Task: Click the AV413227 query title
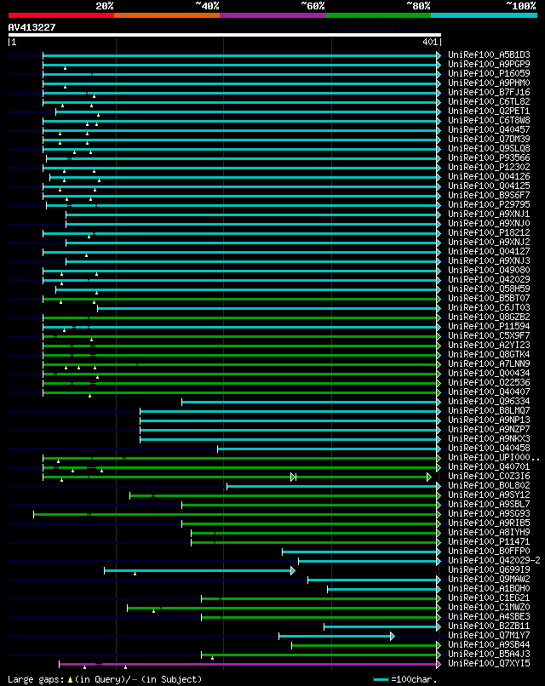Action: [x=32, y=27]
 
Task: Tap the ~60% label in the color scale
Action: [x=313, y=5]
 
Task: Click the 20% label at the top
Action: [x=105, y=5]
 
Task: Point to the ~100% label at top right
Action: [x=520, y=5]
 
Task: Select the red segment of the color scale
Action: [x=60, y=15]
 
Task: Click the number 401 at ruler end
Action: [x=429, y=42]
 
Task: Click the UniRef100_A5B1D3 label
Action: [x=489, y=55]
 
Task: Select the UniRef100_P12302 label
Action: [x=489, y=168]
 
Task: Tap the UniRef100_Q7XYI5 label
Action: [x=489, y=663]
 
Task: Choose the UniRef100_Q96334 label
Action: [x=489, y=401]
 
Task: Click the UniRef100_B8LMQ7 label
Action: [x=489, y=410]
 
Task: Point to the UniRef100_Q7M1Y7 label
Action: [x=489, y=635]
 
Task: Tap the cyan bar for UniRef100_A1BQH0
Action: [x=383, y=589]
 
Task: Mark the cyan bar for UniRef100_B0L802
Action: [x=332, y=486]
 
